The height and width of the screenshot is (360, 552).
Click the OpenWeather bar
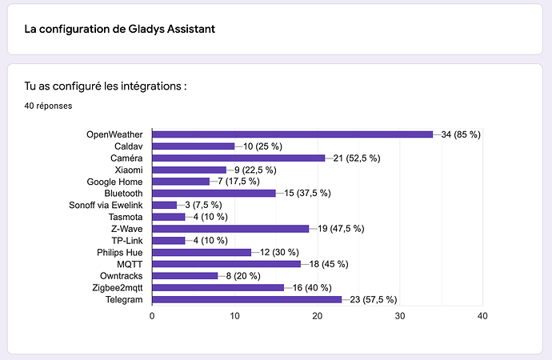(x=293, y=134)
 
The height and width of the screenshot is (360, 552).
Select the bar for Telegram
(x=246, y=299)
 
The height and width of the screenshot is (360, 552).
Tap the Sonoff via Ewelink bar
(x=165, y=205)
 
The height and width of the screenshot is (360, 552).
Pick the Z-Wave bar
(x=230, y=229)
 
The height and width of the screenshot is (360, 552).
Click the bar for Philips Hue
(x=202, y=252)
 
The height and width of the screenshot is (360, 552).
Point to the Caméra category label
(x=126, y=158)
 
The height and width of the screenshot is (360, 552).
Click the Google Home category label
(x=114, y=182)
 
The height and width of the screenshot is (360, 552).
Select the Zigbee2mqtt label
(x=118, y=288)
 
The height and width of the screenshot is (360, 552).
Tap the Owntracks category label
(x=122, y=276)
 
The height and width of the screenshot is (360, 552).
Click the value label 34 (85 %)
(x=461, y=134)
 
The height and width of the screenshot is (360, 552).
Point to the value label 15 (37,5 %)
(x=308, y=193)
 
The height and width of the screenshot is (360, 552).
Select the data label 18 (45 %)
(x=329, y=264)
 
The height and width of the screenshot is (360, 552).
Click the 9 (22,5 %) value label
(x=255, y=170)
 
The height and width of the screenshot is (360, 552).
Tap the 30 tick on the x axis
(x=400, y=316)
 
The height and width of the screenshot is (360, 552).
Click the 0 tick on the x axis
(x=152, y=316)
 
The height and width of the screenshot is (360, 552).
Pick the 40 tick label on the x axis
(x=482, y=316)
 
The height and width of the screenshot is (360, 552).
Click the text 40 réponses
(x=48, y=106)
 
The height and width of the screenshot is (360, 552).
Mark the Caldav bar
(x=194, y=146)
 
